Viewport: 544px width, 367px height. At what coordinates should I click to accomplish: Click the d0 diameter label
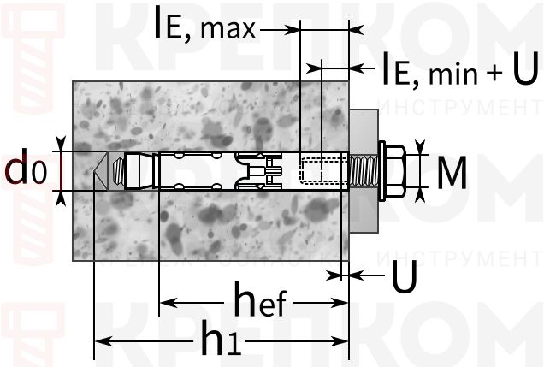[x=25, y=169]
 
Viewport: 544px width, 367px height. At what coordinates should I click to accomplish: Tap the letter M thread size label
[x=451, y=175]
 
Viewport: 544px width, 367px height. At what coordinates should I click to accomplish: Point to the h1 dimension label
[x=222, y=341]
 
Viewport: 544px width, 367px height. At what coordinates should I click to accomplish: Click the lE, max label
[x=204, y=25]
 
